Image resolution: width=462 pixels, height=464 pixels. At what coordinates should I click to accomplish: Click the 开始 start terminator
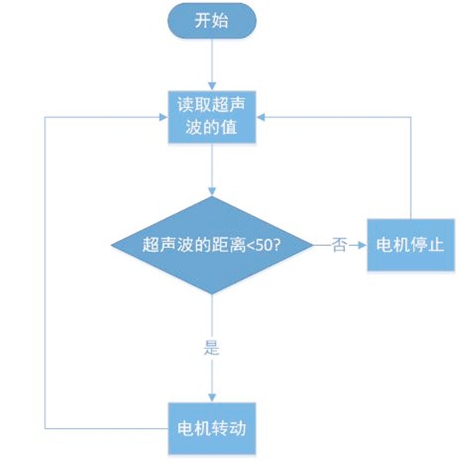tap(212, 22)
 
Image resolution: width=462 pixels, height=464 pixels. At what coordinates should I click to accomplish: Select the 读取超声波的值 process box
tap(212, 116)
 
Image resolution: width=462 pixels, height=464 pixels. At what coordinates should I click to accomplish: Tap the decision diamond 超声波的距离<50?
tap(212, 244)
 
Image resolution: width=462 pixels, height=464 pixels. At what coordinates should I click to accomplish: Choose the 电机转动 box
tap(212, 426)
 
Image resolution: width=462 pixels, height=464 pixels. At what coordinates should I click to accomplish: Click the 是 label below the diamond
tap(212, 348)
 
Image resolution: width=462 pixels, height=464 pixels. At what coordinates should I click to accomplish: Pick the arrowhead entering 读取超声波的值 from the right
tap(262, 116)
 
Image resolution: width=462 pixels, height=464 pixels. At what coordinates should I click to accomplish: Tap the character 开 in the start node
tap(203, 22)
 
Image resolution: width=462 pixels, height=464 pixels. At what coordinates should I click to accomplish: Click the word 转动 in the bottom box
tap(229, 426)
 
